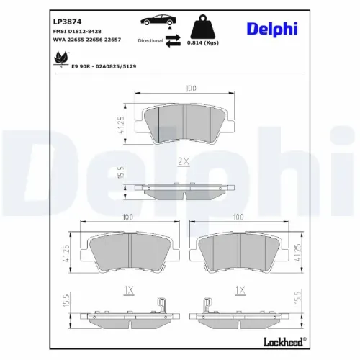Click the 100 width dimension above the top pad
point(189,89)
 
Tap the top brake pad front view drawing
point(184,124)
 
